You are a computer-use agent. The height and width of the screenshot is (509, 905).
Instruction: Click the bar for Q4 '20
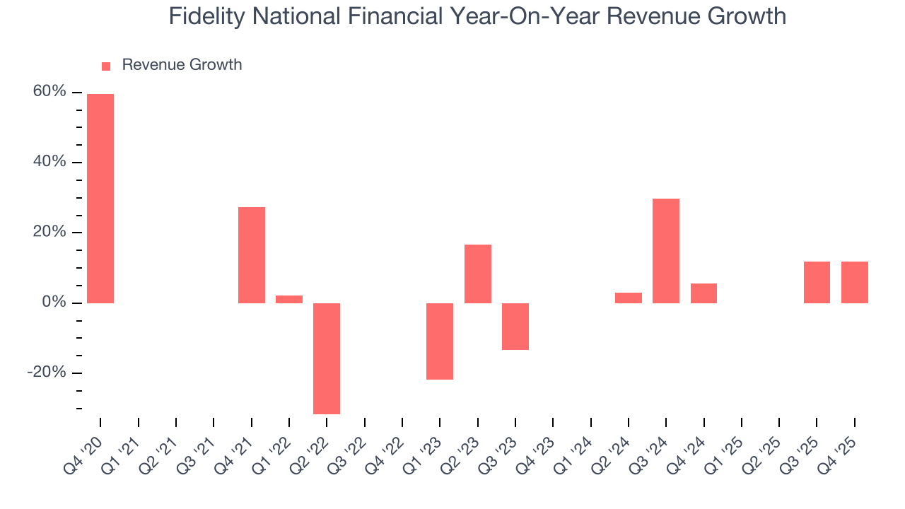(100, 198)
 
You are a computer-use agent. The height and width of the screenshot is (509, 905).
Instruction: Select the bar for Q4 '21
(252, 255)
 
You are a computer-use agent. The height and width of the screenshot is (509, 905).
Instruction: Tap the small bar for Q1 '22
(289, 299)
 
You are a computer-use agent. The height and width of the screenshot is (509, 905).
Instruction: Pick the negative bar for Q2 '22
(327, 358)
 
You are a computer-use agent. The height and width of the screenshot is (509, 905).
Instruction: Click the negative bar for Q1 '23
(440, 341)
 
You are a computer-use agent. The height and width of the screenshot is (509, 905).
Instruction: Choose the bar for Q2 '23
(478, 274)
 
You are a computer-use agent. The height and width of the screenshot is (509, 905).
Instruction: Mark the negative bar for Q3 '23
(515, 327)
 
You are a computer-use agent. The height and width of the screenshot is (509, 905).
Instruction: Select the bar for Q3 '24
(666, 251)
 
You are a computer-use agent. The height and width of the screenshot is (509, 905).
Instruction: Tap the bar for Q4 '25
(855, 282)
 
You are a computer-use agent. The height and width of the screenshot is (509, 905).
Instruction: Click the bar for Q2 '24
(629, 298)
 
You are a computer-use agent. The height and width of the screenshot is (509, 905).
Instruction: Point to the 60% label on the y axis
(49, 92)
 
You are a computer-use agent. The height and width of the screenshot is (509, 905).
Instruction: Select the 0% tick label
(53, 303)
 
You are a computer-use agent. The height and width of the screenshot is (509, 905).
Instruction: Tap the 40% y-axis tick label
(49, 162)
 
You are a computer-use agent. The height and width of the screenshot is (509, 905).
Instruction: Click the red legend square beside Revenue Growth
(106, 66)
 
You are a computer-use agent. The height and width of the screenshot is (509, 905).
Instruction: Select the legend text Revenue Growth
(182, 65)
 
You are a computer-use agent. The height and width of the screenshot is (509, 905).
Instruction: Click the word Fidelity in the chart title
(201, 16)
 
